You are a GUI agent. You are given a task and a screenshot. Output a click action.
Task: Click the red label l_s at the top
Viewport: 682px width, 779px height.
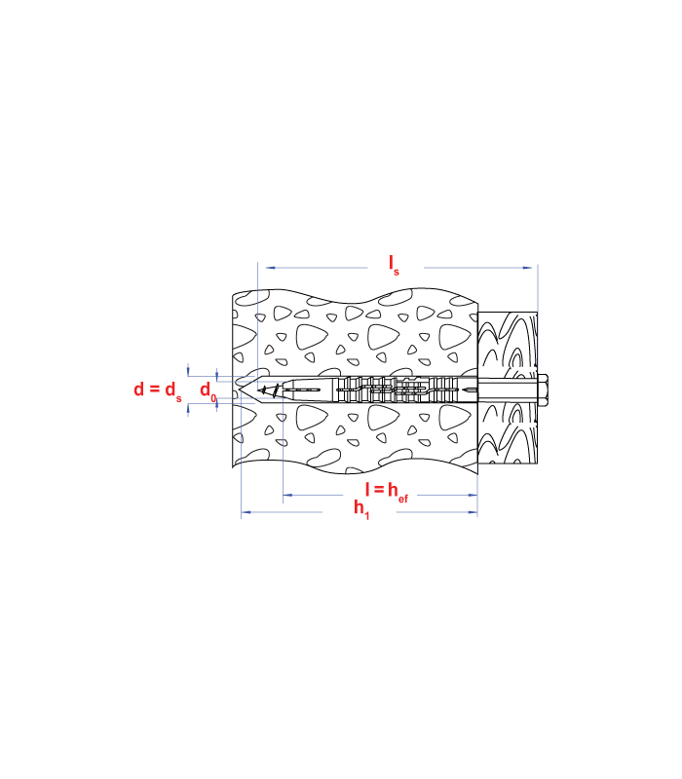click(x=394, y=265)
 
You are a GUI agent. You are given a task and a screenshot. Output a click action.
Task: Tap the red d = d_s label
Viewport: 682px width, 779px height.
click(x=158, y=390)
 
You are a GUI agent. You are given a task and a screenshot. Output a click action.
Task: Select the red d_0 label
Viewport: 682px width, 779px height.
click(x=208, y=391)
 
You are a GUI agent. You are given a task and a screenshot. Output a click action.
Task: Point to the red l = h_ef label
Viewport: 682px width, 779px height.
click(x=387, y=492)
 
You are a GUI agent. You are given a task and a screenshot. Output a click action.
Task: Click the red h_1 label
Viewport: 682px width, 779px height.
click(x=361, y=508)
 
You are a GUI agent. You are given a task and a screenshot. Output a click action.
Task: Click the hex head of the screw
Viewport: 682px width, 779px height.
click(x=543, y=390)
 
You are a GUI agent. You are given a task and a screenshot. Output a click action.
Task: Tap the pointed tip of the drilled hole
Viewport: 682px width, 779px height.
click(x=240, y=390)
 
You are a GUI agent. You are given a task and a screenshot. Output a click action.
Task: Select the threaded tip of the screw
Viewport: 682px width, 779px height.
click(x=269, y=390)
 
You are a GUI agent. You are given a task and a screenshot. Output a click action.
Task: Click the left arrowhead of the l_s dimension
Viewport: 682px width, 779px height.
click(x=271, y=268)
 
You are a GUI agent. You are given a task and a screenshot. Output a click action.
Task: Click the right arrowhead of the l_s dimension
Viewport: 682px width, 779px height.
click(x=527, y=268)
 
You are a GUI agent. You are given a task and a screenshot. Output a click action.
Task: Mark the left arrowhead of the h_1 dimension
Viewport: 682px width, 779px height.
click(x=246, y=512)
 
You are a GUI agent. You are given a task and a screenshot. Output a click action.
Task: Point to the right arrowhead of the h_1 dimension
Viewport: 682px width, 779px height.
click(x=473, y=512)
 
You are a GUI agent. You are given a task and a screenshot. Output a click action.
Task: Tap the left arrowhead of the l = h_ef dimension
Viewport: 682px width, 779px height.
click(x=287, y=495)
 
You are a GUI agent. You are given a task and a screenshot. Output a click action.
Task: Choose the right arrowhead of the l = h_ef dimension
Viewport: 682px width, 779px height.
click(x=473, y=495)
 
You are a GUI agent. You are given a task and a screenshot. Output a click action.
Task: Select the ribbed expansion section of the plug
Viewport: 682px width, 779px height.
click(x=398, y=390)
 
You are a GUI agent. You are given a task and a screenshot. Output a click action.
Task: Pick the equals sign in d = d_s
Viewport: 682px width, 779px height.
click(x=155, y=390)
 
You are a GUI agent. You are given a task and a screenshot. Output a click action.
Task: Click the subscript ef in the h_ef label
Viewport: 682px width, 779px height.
click(x=403, y=499)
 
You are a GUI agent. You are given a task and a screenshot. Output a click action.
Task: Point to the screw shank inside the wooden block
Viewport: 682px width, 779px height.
click(x=508, y=390)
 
